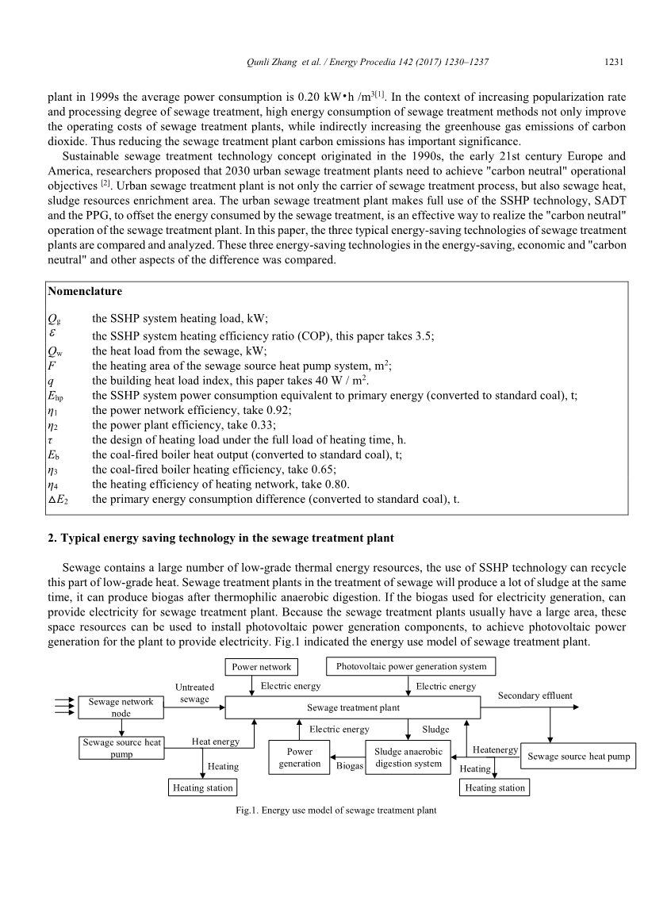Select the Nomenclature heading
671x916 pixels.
pyautogui.click(x=85, y=292)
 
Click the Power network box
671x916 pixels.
pyautogui.click(x=263, y=667)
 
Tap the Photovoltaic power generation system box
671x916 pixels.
pyautogui.click(x=412, y=666)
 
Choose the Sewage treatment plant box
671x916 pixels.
pyautogui.click(x=353, y=707)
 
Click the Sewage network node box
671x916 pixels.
pyautogui.click(x=121, y=707)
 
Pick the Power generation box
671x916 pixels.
pyautogui.click(x=300, y=757)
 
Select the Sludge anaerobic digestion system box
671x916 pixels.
pyautogui.click(x=408, y=757)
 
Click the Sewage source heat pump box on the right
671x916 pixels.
pyautogui.click(x=579, y=757)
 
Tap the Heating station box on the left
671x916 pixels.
pyautogui.click(x=203, y=788)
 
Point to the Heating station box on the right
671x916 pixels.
pyautogui.click(x=495, y=788)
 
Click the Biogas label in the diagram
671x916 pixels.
pyautogui.click(x=350, y=767)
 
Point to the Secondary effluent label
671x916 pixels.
pyautogui.click(x=535, y=696)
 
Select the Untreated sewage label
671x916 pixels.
pyautogui.click(x=194, y=693)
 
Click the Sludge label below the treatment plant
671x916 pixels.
pyautogui.click(x=435, y=729)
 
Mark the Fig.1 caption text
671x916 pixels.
pyautogui.click(x=331, y=811)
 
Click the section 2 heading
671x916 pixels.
pyautogui.click(x=220, y=539)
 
